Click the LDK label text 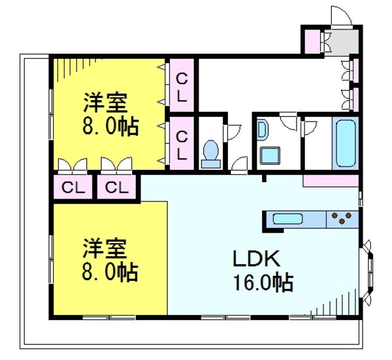coord(257,259)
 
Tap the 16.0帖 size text coord(261,283)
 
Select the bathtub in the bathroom coord(344,144)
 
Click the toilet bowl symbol coord(210,154)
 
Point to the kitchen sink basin coord(287,219)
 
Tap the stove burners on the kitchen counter coord(342,218)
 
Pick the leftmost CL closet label coord(73,188)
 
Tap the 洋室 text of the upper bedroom coord(105,103)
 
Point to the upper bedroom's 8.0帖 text coord(110,127)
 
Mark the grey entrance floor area coord(342,41)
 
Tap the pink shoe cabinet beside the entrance coord(311,41)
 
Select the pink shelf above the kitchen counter coord(331,180)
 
